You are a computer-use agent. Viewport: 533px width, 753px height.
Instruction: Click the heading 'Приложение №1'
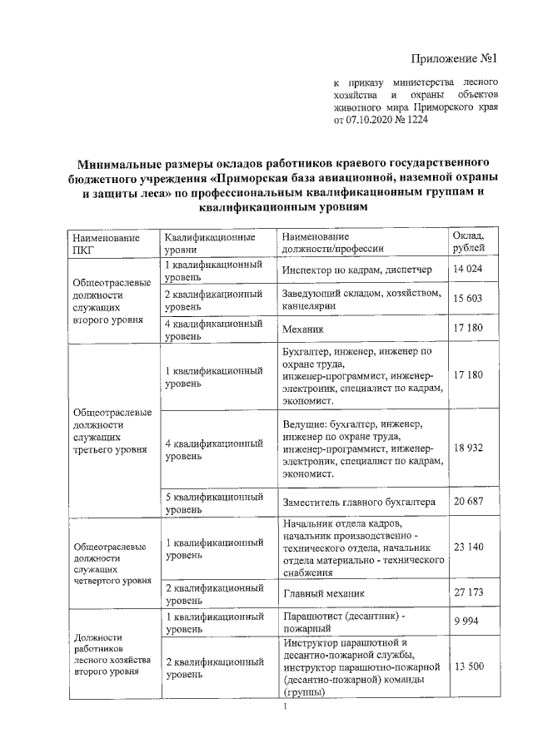click(x=454, y=59)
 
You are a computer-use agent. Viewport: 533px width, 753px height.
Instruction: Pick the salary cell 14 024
click(x=469, y=270)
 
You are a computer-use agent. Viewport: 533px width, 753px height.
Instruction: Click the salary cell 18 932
click(x=469, y=448)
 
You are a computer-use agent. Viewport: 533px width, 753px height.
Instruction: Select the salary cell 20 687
click(x=469, y=503)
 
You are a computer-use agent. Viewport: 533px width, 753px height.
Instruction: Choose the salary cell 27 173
click(x=469, y=593)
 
